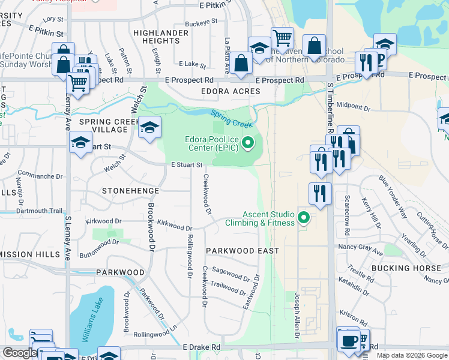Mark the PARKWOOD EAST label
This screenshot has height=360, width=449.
242,250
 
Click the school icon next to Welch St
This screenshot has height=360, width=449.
149,127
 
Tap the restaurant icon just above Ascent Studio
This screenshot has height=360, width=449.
321,193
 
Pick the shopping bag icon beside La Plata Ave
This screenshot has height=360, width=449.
241,63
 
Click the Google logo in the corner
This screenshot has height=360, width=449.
20,353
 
